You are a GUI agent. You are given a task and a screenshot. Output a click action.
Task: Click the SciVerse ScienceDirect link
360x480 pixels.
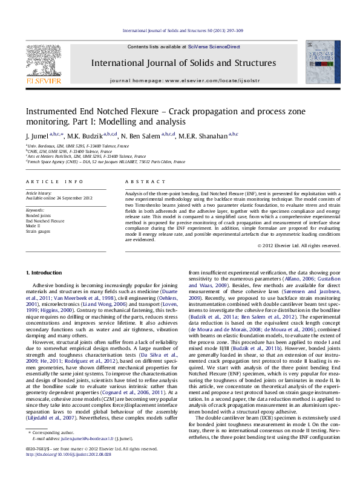coord(214,47)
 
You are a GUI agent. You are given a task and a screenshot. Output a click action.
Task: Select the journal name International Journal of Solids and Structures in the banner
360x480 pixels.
coord(183,63)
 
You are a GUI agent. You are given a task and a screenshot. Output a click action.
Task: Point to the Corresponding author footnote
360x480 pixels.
coord(51,450)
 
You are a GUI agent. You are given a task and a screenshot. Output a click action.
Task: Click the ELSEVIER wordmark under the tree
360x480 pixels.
coord(42,80)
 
